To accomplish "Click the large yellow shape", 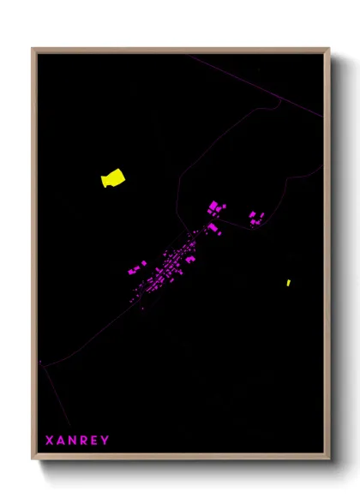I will coord(112,178).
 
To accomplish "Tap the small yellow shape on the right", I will coord(289,282).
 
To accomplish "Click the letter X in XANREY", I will coord(50,441).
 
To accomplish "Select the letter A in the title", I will coord(62,441).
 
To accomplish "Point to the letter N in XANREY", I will coord(74,441).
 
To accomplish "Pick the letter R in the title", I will coord(85,441).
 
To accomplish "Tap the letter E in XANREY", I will coord(95,441).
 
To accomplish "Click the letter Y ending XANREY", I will coord(105,441).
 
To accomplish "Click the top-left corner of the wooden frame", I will coord(33,49).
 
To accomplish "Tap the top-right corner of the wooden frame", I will coord(328,49).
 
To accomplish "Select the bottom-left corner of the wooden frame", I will coord(33,458).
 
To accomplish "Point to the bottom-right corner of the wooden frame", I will coord(328,458).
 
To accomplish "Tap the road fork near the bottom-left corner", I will coord(44,368).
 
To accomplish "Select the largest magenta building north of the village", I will coord(213,206).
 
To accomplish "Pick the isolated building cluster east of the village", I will coord(255,218).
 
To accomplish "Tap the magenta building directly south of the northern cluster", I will coord(212,227).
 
